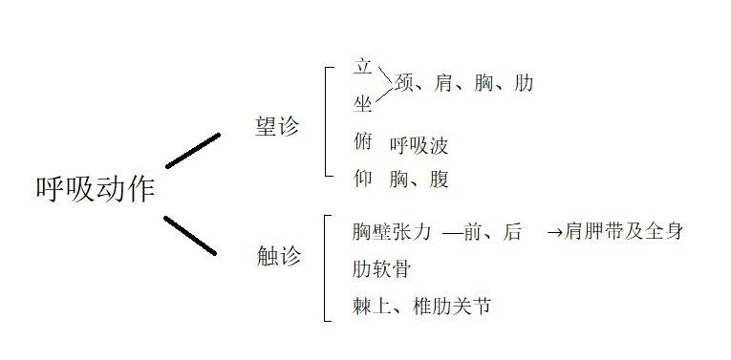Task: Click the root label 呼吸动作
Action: coord(95,187)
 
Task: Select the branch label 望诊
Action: coord(277,127)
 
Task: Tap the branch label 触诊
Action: coord(278,256)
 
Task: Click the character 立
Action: coord(362,68)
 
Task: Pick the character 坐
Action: coord(362,104)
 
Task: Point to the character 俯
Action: coord(362,142)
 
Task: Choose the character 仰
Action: coord(362,178)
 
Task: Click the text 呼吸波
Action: coord(419,145)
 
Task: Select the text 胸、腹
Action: coord(419,179)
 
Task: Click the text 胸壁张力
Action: coord(392,231)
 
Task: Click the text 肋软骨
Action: coord(381,269)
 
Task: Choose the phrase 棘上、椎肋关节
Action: coord(421,307)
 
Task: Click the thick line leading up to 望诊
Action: coord(192,151)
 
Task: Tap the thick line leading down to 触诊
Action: coord(190,235)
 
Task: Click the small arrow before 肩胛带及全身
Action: coord(554,232)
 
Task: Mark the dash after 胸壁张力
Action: coord(453,232)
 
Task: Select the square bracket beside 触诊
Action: coord(327,267)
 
